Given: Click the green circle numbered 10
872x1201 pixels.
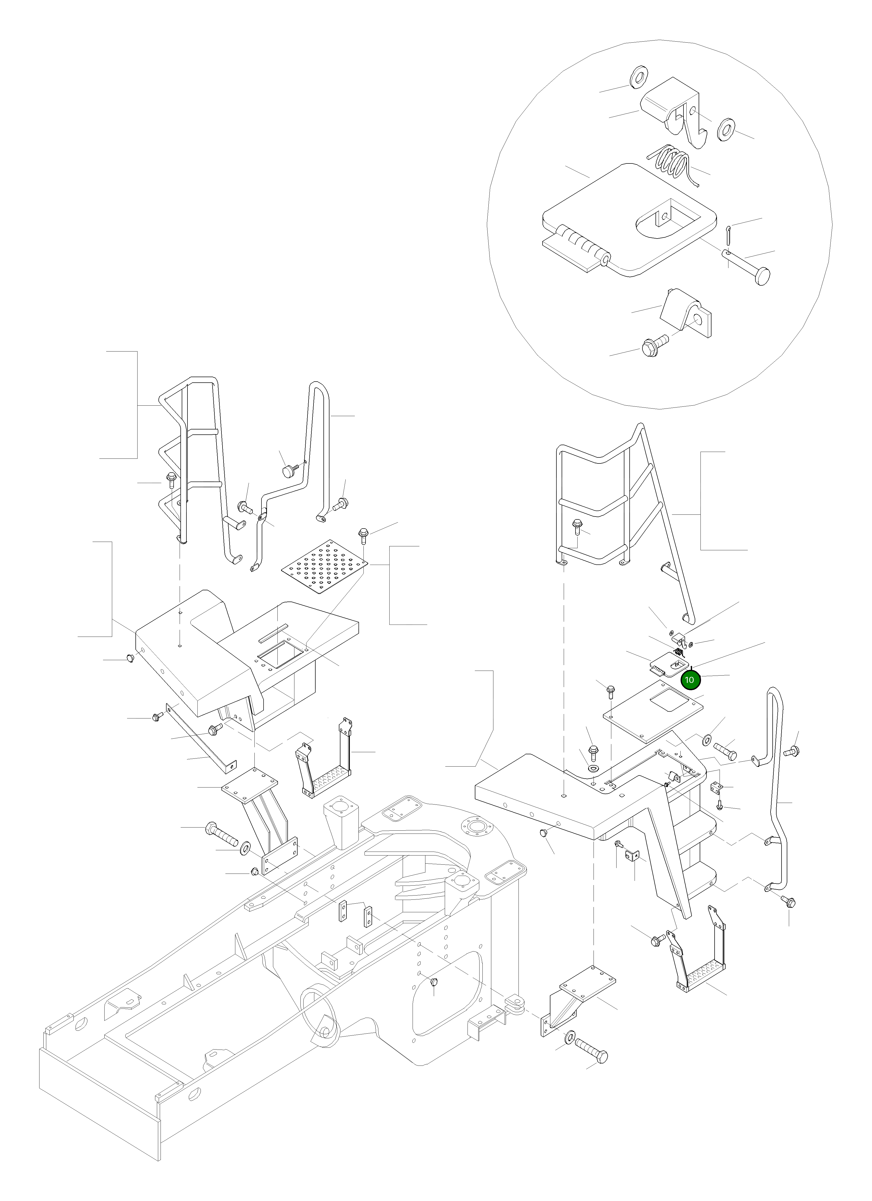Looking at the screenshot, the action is [689, 679].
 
